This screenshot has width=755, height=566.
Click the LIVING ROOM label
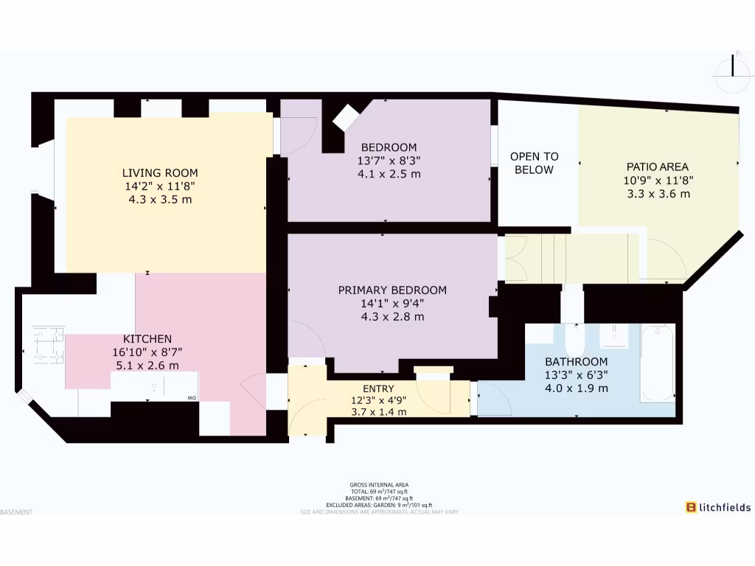pos(160,173)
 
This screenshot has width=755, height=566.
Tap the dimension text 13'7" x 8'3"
pos(389,161)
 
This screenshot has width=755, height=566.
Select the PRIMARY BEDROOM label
pos(392,290)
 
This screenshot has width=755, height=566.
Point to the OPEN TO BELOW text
pos(535,163)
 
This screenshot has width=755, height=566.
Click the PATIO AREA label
pos(658,167)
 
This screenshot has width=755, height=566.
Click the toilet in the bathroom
pos(574,340)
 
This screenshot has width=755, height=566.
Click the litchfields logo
pos(718,507)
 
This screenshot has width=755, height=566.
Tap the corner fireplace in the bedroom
pos(344,118)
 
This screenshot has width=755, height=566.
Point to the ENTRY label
pos(378,388)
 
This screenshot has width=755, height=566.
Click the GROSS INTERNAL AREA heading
pos(379,485)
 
